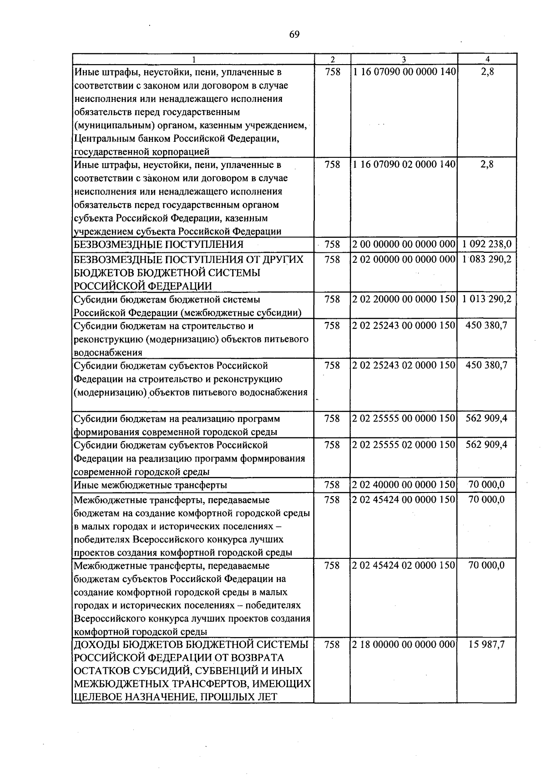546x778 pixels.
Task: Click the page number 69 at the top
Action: [294, 35]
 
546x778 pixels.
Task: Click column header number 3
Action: [404, 59]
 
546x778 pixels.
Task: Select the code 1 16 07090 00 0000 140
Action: [404, 72]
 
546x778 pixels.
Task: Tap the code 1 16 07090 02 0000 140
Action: [404, 165]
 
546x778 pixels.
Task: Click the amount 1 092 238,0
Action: [486, 245]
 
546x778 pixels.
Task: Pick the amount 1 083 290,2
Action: [486, 259]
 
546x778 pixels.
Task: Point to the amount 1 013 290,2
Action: [486, 299]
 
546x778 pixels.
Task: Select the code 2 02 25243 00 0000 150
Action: [404, 326]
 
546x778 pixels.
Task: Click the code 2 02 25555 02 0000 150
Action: [404, 445]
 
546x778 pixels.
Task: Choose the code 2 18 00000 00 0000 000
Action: [404, 645]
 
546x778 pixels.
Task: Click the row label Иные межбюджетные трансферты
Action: [150, 485]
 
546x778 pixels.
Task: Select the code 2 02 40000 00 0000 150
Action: [404, 485]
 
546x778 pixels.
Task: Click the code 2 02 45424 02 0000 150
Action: [404, 565]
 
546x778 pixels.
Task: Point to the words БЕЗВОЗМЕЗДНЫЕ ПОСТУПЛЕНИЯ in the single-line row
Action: [158, 245]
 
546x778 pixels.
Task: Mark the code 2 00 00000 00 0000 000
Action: [404, 245]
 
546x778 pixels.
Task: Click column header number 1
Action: [194, 59]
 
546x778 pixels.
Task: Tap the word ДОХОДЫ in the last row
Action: [96, 645]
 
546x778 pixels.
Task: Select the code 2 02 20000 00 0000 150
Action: [404, 299]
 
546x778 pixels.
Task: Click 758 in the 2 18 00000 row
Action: [332, 645]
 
